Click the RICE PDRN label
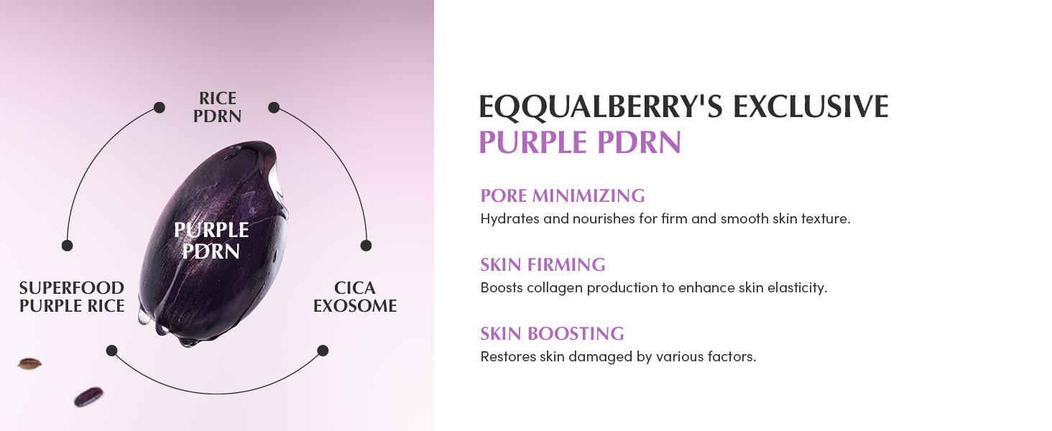point(218,107)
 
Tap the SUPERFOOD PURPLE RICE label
point(72,297)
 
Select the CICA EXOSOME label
point(355,297)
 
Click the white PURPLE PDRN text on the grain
point(211,241)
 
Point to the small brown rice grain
point(29,363)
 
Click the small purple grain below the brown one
point(89,397)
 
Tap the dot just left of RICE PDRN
point(160,108)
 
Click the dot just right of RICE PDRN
point(274,108)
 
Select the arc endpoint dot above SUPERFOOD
point(67,245)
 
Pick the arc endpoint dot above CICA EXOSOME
point(366,245)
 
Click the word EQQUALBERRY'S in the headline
point(601,106)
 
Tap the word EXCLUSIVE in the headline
point(811,106)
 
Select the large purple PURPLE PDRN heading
point(580,142)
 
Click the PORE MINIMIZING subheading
point(563,195)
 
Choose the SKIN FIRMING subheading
point(543,264)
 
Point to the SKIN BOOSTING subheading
point(553,333)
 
